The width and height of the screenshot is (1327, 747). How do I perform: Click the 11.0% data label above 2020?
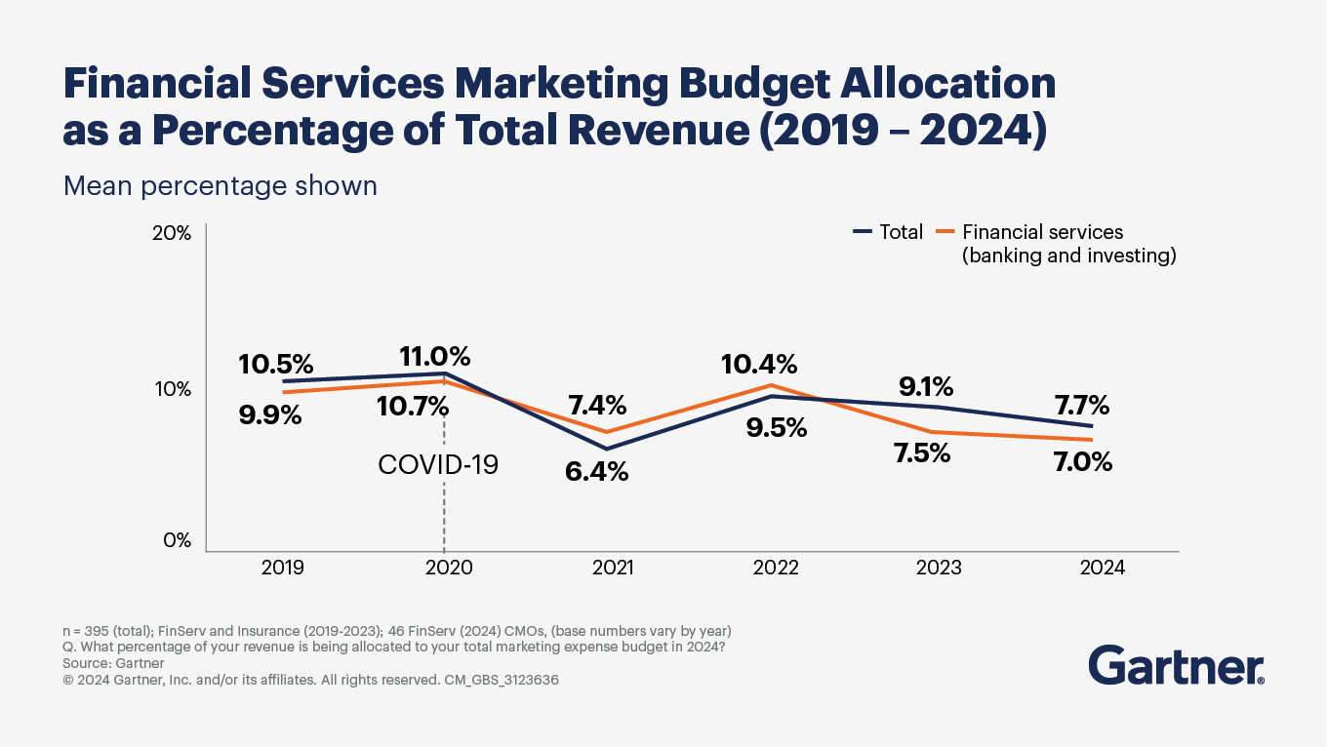435,356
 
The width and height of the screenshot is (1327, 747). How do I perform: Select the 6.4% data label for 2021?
596,472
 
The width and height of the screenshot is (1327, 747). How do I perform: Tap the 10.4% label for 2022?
759,365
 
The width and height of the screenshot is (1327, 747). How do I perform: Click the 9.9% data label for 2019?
270,414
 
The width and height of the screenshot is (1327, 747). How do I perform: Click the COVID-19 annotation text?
438,465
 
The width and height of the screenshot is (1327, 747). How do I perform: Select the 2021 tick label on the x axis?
612,569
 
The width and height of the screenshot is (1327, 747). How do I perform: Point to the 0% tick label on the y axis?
177,540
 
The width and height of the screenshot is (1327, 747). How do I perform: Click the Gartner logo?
1176,665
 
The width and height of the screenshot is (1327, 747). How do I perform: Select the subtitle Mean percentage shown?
220,185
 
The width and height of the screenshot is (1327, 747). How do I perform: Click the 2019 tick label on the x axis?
282,569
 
